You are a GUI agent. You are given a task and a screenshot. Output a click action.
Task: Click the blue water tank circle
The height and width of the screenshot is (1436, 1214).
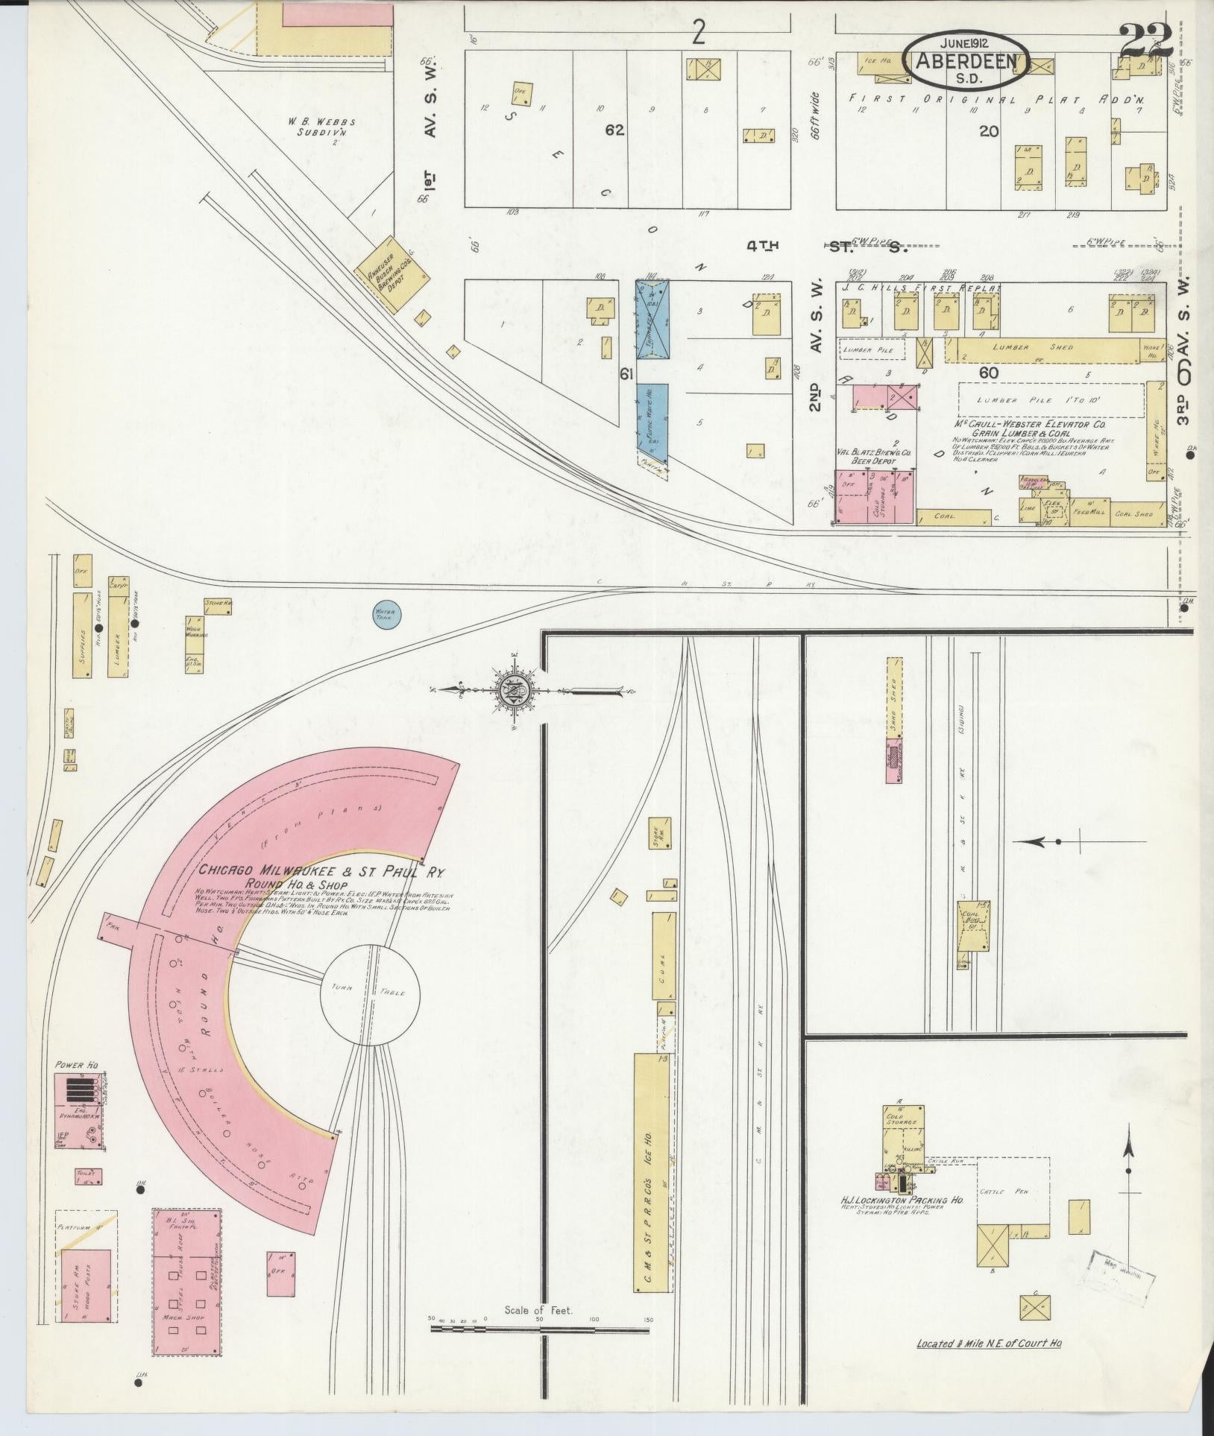(x=387, y=616)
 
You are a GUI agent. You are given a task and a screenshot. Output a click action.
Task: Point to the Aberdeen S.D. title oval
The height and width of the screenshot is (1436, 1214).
(x=968, y=60)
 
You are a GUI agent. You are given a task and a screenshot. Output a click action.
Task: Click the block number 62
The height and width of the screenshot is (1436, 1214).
(x=614, y=130)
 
